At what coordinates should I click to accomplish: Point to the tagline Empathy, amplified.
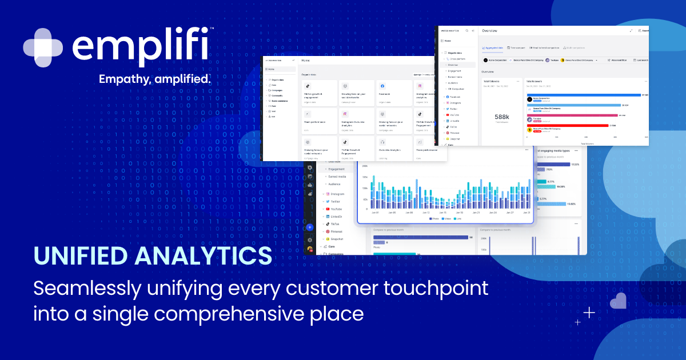click(x=155, y=79)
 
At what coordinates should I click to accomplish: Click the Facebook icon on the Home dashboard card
click(x=382, y=86)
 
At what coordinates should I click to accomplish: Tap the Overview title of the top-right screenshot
click(x=490, y=30)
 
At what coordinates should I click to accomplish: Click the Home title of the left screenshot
click(x=306, y=60)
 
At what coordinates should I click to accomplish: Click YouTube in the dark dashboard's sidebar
click(x=336, y=209)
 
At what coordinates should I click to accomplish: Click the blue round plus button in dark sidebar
click(x=310, y=227)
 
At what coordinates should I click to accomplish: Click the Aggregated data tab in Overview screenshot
click(x=492, y=48)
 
